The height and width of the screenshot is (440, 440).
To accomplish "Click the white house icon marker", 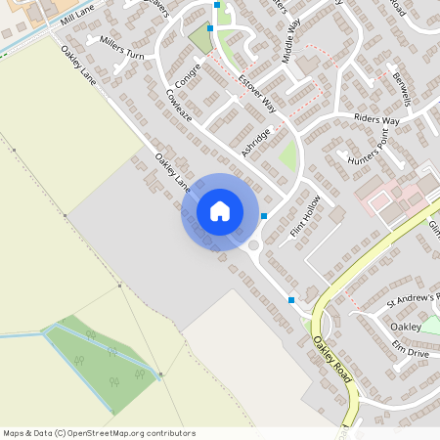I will click(x=219, y=211).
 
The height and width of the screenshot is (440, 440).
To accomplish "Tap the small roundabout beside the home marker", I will click(x=254, y=245).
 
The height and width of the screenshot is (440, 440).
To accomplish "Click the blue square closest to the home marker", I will click(x=264, y=215).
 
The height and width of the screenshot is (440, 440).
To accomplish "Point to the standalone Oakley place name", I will click(x=405, y=327).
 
